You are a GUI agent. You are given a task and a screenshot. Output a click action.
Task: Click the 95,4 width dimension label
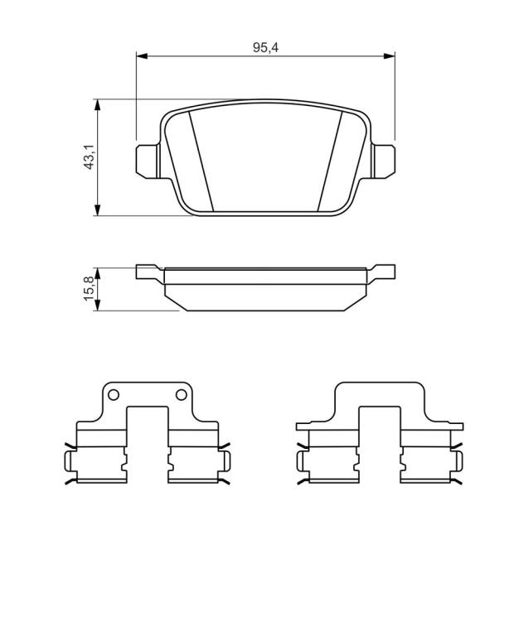pyautogui.click(x=265, y=47)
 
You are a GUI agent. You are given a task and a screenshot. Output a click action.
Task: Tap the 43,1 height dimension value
pyautogui.click(x=89, y=157)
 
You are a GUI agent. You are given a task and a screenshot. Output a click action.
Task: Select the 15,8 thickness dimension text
pyautogui.click(x=89, y=288)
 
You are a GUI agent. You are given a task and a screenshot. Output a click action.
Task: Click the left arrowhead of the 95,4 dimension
pyautogui.click(x=141, y=55)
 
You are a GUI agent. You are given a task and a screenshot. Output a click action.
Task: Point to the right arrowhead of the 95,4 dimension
pyautogui.click(x=390, y=55)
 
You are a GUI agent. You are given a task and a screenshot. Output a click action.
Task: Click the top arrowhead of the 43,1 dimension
pyautogui.click(x=97, y=104)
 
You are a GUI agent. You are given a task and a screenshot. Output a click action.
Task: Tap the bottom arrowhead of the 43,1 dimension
pyautogui.click(x=97, y=210)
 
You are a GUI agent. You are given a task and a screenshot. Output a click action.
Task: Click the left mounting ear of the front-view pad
pyautogui.click(x=147, y=161)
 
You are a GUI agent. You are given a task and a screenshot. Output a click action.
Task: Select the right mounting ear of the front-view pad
pyautogui.click(x=384, y=161)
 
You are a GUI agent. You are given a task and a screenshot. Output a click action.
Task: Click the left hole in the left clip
pyautogui.click(x=114, y=394)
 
